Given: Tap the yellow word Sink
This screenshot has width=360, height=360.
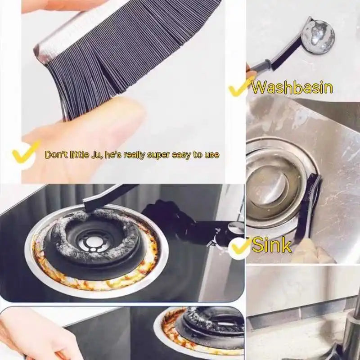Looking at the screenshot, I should coord(271,245).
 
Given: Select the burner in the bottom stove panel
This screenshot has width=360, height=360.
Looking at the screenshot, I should coord(207,326).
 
